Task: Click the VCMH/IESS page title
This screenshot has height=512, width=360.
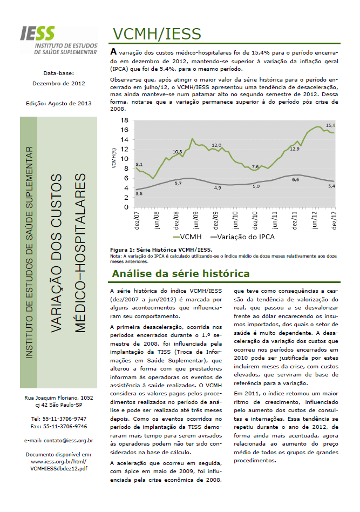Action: [157, 34]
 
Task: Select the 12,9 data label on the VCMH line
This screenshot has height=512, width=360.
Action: [295, 149]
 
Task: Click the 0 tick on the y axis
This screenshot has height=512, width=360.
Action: [126, 207]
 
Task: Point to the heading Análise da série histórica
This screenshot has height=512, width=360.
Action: [181, 274]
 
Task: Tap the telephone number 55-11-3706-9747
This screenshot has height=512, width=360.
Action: [59, 418]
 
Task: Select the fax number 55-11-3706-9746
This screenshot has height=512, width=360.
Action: [59, 426]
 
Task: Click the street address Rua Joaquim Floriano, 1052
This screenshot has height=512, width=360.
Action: [59, 397]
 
